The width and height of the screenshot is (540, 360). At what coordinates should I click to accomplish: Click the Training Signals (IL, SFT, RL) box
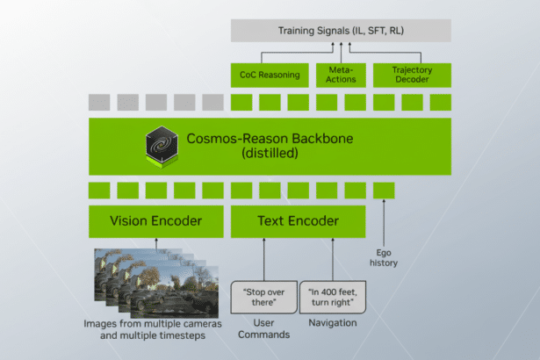341,31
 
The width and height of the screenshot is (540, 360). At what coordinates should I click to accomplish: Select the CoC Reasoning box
270,75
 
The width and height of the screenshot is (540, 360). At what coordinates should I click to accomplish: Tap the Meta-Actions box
341,75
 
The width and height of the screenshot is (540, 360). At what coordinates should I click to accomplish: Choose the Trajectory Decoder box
412,75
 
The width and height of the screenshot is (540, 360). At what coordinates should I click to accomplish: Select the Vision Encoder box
155,221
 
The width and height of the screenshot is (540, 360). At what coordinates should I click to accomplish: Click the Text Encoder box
297,221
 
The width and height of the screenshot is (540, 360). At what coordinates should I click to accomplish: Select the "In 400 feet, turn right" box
332,297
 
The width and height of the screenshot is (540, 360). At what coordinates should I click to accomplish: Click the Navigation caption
332,323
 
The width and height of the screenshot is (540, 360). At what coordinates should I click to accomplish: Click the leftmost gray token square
98,102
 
